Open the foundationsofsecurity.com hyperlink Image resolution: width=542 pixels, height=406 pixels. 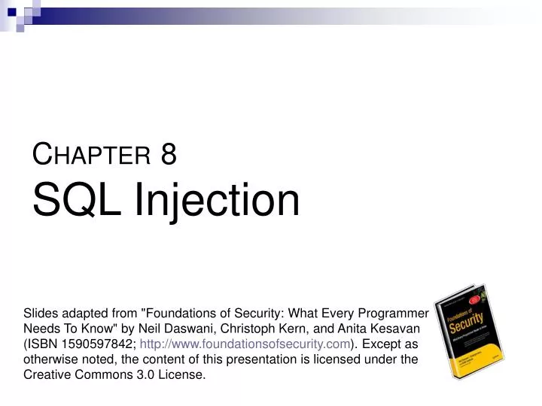(x=245, y=344)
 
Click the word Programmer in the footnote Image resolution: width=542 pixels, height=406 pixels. (x=394, y=314)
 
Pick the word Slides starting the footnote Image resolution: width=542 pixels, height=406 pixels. (x=41, y=314)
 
